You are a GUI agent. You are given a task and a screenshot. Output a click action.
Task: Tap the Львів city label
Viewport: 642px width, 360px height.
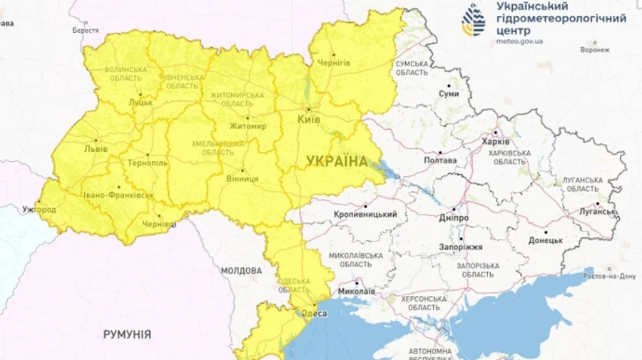coord(96,149)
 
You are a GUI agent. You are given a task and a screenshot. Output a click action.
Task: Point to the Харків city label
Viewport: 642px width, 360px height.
coord(496,141)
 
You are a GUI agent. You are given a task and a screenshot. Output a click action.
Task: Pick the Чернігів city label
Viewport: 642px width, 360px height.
coord(333,63)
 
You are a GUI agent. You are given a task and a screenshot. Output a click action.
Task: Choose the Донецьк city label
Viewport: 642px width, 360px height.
coord(546,240)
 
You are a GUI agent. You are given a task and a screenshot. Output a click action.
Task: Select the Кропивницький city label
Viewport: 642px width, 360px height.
coord(365,214)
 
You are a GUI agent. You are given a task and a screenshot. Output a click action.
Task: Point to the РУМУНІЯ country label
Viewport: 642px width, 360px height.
coord(127,334)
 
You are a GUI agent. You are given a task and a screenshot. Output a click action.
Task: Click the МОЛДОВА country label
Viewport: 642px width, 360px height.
coord(241,271)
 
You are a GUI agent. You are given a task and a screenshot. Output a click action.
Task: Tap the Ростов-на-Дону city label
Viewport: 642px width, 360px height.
coord(608,275)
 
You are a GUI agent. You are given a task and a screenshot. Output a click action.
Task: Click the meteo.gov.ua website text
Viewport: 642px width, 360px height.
coord(519,41)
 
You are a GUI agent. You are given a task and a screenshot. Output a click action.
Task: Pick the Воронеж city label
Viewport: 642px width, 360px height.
coord(595,50)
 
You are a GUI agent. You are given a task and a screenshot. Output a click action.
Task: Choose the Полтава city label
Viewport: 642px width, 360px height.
coord(440,160)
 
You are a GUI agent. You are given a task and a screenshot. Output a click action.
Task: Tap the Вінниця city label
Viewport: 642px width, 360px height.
coord(242,178)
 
